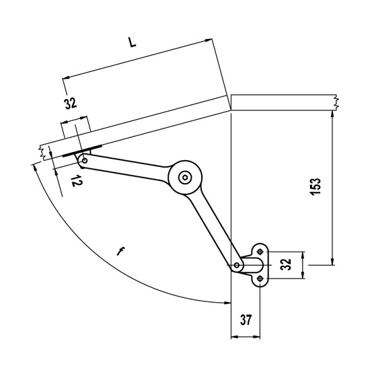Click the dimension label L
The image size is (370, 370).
[133, 42]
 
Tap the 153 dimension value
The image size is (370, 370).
[316, 186]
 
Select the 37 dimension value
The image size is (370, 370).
[246, 320]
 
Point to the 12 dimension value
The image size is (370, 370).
[77, 181]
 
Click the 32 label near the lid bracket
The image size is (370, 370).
[71, 104]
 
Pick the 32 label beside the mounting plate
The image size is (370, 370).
[286, 264]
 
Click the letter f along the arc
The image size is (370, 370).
[120, 252]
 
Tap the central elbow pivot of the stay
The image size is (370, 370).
[185, 178]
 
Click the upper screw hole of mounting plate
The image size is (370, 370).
[260, 252]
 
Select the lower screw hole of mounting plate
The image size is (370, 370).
[260, 279]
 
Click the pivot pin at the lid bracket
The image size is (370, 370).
[85, 161]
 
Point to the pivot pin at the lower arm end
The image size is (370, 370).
[236, 266]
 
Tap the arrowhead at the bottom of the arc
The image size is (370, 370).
[227, 303]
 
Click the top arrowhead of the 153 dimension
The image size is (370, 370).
[332, 114]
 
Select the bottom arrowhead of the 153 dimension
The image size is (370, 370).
[332, 261]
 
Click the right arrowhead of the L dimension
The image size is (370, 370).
[209, 40]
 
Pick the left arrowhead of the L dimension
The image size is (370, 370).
[67, 77]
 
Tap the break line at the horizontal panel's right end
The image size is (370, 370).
[337, 102]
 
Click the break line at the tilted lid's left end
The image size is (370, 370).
[42, 153]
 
